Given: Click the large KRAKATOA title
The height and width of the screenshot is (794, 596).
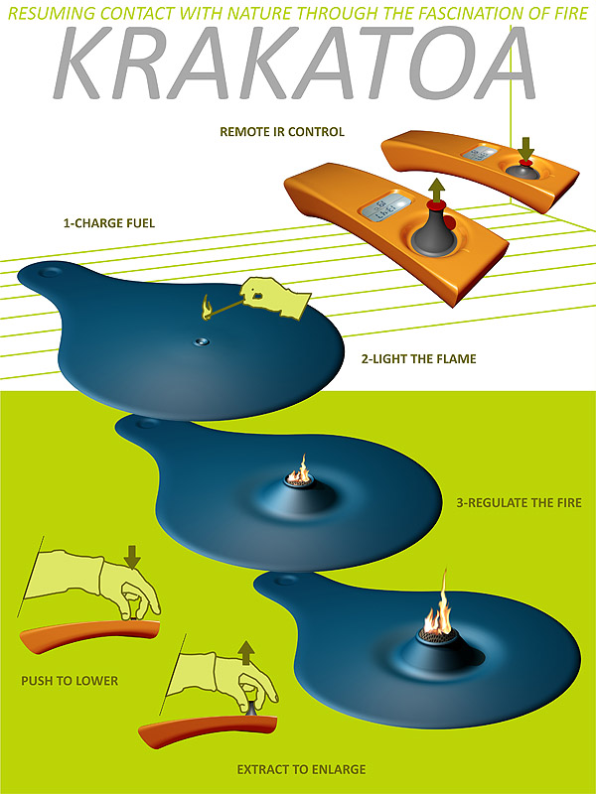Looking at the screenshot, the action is pyautogui.click(x=294, y=62).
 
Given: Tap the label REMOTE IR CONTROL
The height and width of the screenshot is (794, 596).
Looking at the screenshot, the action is pyautogui.click(x=282, y=132).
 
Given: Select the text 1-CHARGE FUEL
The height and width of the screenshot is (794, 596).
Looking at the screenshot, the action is pyautogui.click(x=109, y=222).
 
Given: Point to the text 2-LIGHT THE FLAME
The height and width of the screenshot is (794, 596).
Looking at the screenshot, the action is pyautogui.click(x=418, y=359).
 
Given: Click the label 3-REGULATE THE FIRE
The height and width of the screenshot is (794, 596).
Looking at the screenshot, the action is pyautogui.click(x=519, y=503).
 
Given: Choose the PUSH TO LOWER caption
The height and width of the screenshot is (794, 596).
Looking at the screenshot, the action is pyautogui.click(x=70, y=681).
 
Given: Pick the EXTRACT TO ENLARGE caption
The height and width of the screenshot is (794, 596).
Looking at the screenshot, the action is pyautogui.click(x=301, y=770).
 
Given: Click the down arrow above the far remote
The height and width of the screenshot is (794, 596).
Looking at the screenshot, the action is pyautogui.click(x=526, y=149).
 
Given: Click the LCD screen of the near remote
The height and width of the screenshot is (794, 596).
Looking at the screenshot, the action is pyautogui.click(x=385, y=206).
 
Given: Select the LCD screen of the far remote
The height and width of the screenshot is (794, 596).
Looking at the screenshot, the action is pyautogui.click(x=479, y=153).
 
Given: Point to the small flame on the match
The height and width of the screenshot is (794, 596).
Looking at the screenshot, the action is pyautogui.click(x=207, y=308).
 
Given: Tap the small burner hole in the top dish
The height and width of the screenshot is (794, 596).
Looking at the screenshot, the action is pyautogui.click(x=202, y=341).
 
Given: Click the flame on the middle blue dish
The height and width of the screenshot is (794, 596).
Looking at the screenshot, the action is pyautogui.click(x=300, y=469).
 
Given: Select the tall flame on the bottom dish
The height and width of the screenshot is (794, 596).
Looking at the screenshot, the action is pyautogui.click(x=439, y=606).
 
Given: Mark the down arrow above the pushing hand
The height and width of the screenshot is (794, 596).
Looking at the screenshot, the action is pyautogui.click(x=132, y=557).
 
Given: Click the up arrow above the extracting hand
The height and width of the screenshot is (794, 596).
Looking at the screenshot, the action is pyautogui.click(x=246, y=653).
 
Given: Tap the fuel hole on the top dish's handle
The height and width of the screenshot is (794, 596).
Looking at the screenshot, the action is pyautogui.click(x=51, y=272).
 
